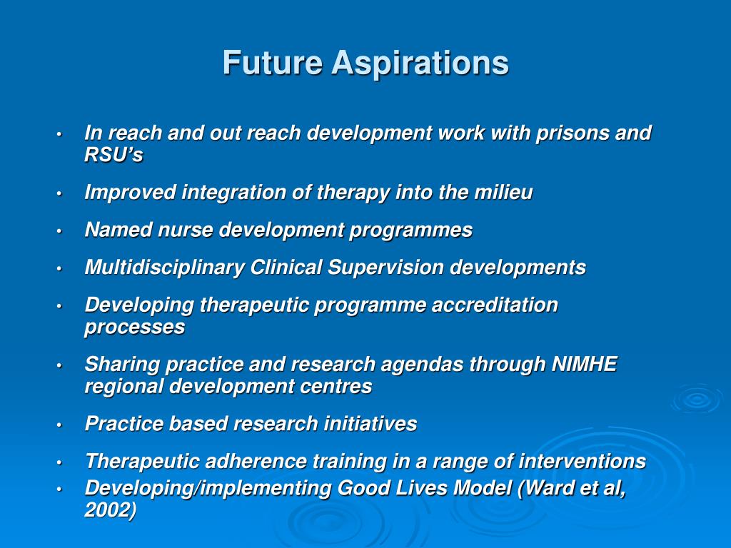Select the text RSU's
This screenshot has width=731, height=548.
click(x=114, y=155)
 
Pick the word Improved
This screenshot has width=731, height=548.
click(x=129, y=193)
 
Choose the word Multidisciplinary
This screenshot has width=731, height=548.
click(x=164, y=268)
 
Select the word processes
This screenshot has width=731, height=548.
click(x=134, y=328)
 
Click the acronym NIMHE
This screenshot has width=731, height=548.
click(x=585, y=365)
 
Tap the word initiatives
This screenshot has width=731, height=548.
click(x=370, y=424)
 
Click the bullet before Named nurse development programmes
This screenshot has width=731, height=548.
click(x=61, y=231)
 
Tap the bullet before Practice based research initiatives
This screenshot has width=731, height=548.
click(x=61, y=425)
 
